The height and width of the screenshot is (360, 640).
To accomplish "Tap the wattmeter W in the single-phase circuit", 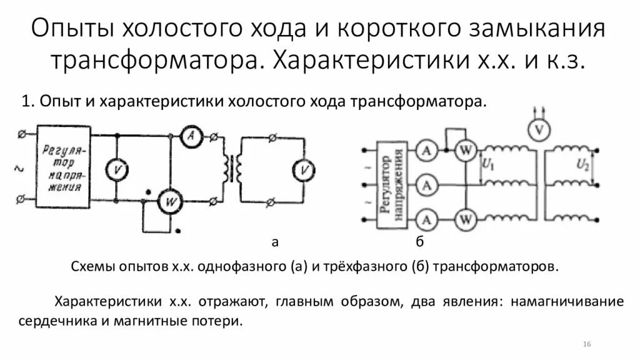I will (x=167, y=201).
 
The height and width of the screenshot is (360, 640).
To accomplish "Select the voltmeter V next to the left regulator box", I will (x=115, y=169).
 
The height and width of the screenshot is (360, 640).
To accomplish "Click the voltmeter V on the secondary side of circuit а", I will (x=304, y=169).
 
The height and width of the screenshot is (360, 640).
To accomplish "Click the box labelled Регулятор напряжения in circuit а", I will (x=63, y=167).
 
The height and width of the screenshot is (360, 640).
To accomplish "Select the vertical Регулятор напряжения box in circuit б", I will (x=392, y=186).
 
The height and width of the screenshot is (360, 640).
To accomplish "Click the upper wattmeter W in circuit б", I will (x=464, y=151).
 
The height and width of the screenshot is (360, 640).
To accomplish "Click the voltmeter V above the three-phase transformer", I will (x=536, y=129).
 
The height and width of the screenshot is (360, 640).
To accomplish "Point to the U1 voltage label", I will (x=489, y=166).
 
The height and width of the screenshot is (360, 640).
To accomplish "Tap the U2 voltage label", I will (x=582, y=165).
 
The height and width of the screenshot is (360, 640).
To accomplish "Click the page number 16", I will (x=587, y=344).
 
